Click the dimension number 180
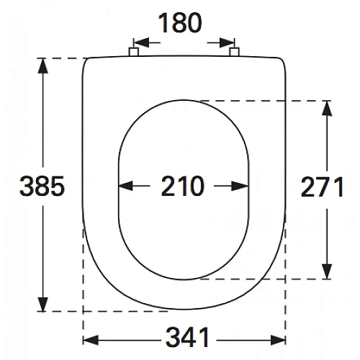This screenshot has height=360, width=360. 180,23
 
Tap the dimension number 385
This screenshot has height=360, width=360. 42,186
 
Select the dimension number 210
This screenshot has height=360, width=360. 182,186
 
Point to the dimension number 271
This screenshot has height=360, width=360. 322,186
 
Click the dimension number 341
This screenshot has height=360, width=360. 187,337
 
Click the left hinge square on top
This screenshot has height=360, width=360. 134,52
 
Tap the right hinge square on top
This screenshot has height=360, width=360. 234,52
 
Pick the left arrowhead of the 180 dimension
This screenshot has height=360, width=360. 141,42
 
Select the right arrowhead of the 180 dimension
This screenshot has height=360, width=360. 227,42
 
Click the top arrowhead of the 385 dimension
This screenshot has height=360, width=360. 42,66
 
